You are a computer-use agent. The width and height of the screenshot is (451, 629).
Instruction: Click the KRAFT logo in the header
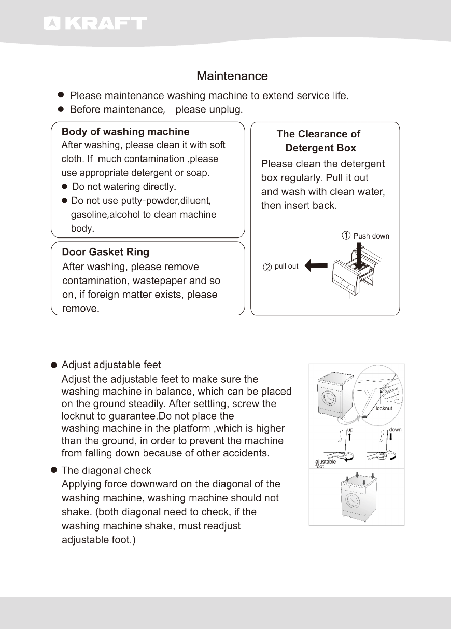pos(95,23)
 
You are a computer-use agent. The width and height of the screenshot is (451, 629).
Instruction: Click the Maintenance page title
pos(232,76)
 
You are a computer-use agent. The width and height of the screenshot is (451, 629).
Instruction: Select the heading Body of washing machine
pos(125,132)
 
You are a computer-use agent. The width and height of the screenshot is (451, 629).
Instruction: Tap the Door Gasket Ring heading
pos(105,253)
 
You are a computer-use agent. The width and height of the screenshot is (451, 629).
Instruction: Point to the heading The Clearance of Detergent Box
pos(319,141)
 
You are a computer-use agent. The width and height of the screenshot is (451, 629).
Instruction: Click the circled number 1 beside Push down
pos(346,236)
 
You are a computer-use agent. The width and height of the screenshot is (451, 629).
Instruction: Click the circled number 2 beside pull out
pos(267,267)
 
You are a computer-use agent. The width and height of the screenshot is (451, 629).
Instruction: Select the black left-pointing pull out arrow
pos(316,267)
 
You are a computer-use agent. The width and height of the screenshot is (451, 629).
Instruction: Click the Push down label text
pos(371,236)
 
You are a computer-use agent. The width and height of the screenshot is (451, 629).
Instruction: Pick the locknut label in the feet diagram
pos(384,409)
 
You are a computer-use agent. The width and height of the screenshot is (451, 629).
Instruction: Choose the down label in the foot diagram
pos(396,430)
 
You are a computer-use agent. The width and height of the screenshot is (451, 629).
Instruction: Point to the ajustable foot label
pos(326,464)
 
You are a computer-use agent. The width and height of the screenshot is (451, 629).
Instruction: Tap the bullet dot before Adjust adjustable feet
pos(53,365)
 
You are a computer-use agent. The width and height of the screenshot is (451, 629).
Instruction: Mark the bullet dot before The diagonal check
pos(53,470)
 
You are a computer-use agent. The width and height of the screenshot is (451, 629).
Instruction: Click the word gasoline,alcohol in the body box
pos(106,214)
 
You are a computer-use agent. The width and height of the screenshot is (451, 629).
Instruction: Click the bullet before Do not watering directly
pos(65,186)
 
